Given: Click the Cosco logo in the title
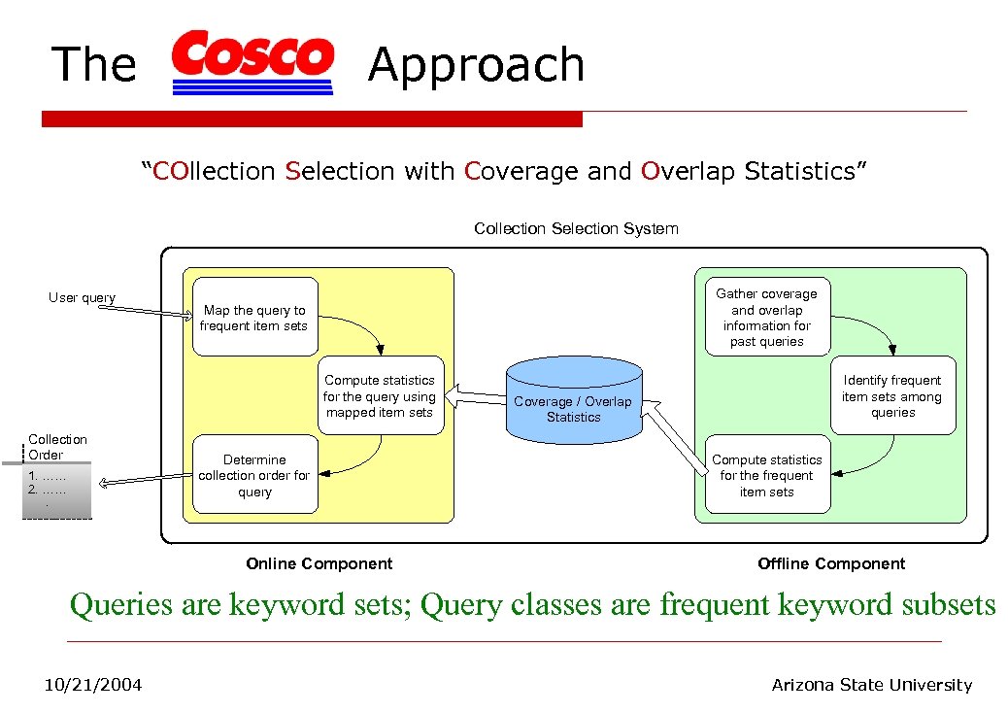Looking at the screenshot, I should (x=252, y=61).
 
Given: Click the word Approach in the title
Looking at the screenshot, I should (x=476, y=65).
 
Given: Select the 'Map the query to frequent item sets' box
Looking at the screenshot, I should (x=255, y=318).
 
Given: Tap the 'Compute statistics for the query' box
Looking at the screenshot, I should (x=380, y=395).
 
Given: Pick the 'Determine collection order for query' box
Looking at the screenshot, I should (x=254, y=475).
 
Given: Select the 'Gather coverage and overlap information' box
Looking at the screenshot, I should (x=766, y=318).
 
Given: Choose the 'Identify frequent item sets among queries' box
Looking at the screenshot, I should (x=891, y=395).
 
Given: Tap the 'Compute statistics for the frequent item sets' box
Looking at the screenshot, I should (x=767, y=475).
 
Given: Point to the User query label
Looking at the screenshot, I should (x=83, y=298).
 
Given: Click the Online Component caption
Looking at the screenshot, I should (x=319, y=563).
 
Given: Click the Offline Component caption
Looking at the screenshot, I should (x=831, y=563).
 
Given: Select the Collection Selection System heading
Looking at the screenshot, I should (x=576, y=229).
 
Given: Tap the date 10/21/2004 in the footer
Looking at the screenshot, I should (x=93, y=685).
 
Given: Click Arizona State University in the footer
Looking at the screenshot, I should (x=871, y=685).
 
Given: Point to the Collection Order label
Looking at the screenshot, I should (x=57, y=447).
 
